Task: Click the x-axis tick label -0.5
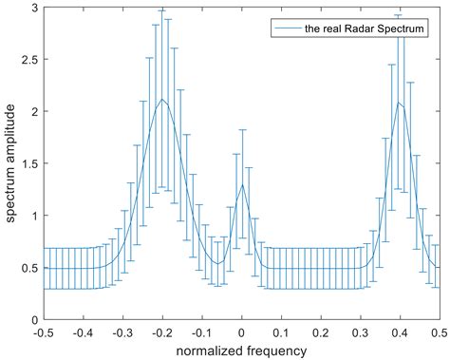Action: [43, 332]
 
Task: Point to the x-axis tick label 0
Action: [242, 332]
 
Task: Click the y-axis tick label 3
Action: [31, 8]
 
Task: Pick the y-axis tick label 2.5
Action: [27, 60]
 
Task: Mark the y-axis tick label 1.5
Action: [27, 163]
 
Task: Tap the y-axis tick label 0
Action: [31, 319]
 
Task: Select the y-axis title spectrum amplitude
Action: [9, 163]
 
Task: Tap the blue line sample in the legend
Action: [287, 29]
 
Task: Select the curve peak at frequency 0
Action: [242, 184]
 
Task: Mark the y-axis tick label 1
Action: [31, 216]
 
